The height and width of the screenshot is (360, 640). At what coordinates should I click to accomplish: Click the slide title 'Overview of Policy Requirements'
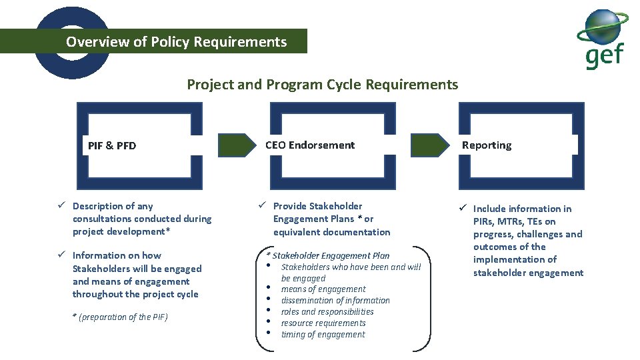(176, 42)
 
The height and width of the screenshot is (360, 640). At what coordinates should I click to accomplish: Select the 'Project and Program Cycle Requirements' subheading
(322, 85)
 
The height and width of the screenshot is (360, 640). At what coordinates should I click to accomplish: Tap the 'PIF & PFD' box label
(112, 145)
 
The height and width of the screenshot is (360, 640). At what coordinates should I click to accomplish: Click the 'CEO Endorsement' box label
(310, 145)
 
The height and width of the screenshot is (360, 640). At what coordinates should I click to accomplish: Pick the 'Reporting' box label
(487, 145)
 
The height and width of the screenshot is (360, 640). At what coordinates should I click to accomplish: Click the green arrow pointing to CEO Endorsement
(237, 145)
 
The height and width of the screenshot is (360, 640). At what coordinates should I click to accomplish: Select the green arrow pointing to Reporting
(429, 145)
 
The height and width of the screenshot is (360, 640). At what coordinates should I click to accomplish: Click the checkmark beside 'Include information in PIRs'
(462, 209)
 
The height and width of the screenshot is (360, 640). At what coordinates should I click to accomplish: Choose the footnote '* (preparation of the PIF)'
(120, 317)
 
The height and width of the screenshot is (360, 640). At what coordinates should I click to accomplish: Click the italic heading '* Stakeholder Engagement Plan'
(327, 255)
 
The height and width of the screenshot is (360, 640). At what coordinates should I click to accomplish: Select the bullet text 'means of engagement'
(323, 289)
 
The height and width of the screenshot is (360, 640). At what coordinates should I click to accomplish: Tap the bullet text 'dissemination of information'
(335, 301)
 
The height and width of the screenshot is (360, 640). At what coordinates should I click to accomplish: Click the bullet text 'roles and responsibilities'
(327, 312)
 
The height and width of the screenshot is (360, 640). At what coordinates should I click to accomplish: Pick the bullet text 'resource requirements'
(323, 323)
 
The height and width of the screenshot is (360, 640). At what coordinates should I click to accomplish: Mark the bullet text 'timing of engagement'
(323, 335)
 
